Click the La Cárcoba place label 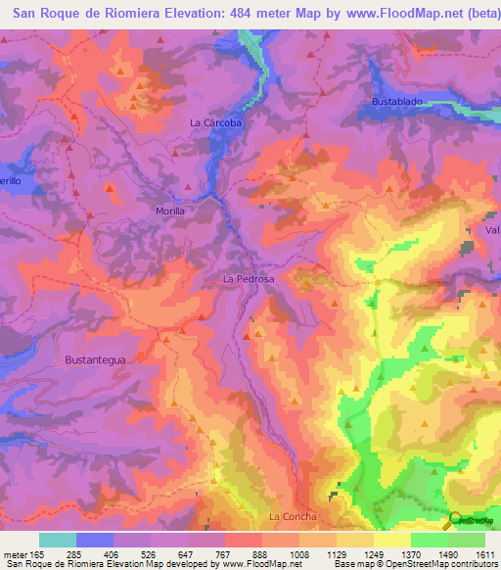pyautogui.click(x=214, y=123)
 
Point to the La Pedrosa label pyautogui.click(x=249, y=279)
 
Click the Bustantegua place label pyautogui.click(x=97, y=359)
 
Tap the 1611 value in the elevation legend pyautogui.click(x=485, y=555)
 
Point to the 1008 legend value pyautogui.click(x=299, y=555)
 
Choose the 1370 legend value pyautogui.click(x=411, y=555)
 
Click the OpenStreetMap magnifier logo pyautogui.click(x=455, y=520)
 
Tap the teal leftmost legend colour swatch pyautogui.click(x=58, y=540)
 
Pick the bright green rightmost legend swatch pyautogui.click(x=467, y=540)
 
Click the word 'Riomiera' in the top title pyautogui.click(x=108, y=14)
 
